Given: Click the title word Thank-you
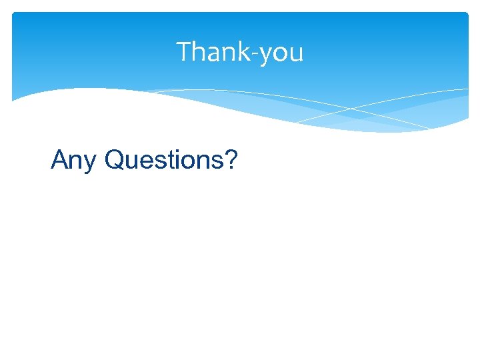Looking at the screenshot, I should tap(239, 52).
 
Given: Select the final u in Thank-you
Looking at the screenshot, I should tap(295, 54).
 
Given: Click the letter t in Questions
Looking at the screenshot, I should tap(171, 160).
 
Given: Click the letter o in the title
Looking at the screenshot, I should tap(279, 54).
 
